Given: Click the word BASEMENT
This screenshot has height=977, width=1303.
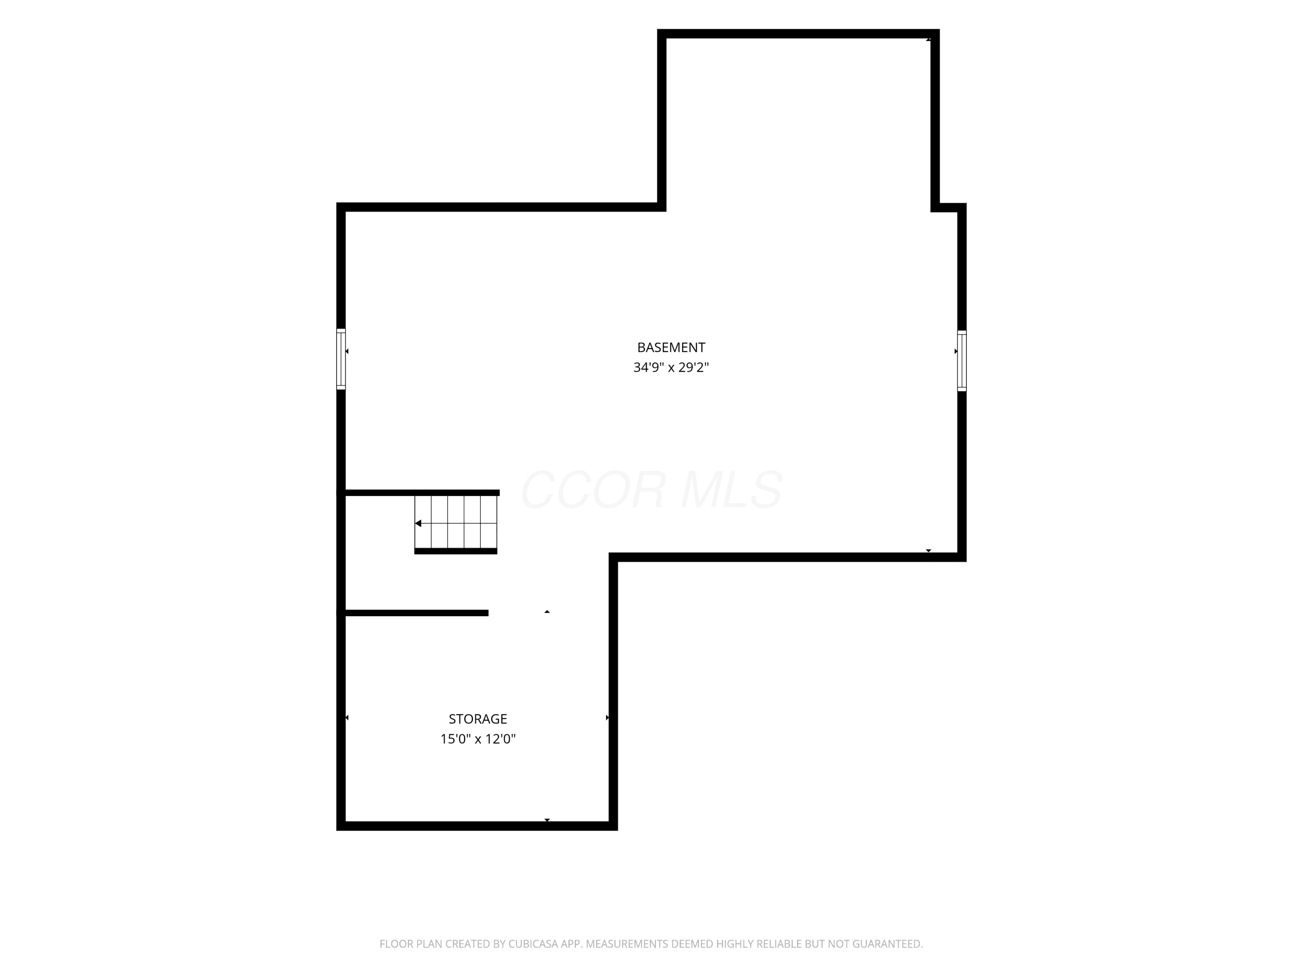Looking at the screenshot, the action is point(671,347).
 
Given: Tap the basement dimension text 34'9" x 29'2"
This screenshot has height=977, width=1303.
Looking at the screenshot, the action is point(671,367).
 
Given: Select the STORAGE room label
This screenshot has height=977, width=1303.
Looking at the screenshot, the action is point(478,719).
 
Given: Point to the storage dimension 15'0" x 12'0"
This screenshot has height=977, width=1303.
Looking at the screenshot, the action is point(478,739).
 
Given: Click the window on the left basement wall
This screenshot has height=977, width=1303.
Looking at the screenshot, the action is point(341,359).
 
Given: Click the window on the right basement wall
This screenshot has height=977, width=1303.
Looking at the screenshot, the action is point(962,360).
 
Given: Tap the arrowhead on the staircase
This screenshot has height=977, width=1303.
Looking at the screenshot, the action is point(418,524).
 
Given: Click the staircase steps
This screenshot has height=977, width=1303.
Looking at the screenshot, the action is point(456,522).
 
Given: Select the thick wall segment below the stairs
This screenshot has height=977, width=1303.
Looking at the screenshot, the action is point(456,551).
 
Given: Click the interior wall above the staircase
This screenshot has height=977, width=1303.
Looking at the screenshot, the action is point(422,493).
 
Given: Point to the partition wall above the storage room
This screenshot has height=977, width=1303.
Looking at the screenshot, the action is point(417,613).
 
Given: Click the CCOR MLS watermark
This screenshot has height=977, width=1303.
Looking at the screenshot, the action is point(651,490).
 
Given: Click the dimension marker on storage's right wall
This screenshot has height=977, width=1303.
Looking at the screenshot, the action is point(607,718).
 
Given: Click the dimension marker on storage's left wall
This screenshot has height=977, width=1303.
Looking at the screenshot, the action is point(347,718).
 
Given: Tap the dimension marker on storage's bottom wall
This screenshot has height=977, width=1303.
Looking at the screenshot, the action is point(547,820).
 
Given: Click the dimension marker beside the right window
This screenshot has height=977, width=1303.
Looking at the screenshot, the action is point(956,352).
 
